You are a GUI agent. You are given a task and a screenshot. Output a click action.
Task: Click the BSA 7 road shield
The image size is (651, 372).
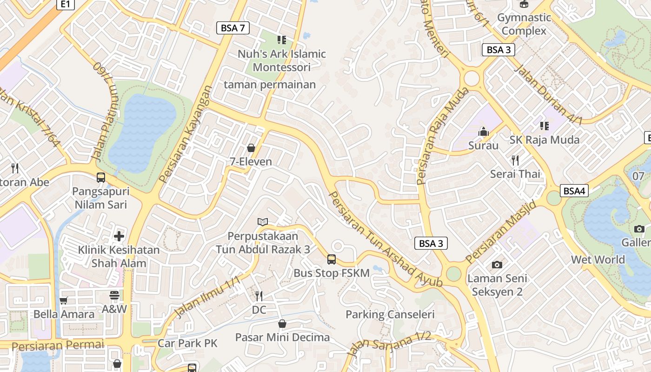pos(233,28)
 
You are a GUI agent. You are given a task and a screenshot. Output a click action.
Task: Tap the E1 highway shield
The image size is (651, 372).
pos(66,4)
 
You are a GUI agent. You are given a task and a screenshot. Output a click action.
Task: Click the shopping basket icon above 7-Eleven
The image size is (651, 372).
pos(251,148)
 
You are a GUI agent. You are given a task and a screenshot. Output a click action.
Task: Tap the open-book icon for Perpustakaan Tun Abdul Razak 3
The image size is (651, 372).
pos(263,222)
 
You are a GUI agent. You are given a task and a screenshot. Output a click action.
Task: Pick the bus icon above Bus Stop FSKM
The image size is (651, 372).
pos(332,259)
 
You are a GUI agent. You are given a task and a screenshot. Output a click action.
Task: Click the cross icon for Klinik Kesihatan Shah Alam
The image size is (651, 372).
pos(119,236)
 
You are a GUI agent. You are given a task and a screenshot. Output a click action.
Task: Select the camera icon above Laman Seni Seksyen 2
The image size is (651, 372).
pos(497,265)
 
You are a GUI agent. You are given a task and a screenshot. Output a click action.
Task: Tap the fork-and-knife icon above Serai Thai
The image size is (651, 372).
pos(515,160)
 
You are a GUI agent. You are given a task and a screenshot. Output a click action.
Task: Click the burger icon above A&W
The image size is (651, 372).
pos(114,295)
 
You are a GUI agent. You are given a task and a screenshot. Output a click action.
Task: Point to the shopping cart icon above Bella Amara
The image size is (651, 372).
pos(64,300)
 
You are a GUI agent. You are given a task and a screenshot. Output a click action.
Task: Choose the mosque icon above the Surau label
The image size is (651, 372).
pos(484,132)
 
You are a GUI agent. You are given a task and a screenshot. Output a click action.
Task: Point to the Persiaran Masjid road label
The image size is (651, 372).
pos(501,232)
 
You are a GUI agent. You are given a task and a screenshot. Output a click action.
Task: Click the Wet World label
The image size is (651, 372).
pos(598,259)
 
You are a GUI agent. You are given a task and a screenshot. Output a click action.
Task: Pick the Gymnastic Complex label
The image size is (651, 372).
pos(524,24)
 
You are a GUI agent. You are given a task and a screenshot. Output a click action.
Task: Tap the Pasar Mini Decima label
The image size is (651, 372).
pos(282,337)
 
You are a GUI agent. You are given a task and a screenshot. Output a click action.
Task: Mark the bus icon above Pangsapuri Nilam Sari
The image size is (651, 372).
pos(101,177)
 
